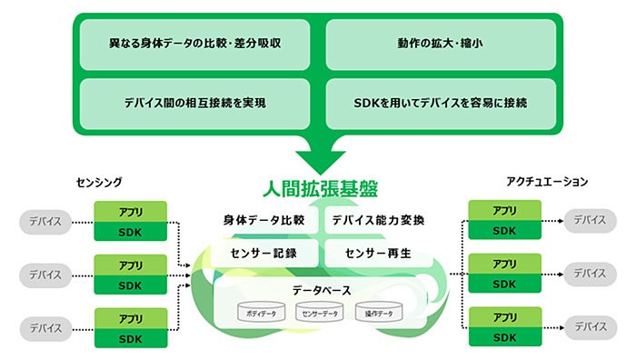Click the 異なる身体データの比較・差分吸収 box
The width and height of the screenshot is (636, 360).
tap(195, 45)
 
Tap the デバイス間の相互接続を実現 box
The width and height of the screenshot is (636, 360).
tap(195, 104)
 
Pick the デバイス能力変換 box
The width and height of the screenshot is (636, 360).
tap(378, 220)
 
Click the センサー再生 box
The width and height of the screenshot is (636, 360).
tap(378, 252)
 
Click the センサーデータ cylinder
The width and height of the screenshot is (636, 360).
tap(321, 313)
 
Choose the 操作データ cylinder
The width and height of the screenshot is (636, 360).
tap(380, 313)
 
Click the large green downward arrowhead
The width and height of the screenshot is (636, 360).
tap(319, 160)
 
